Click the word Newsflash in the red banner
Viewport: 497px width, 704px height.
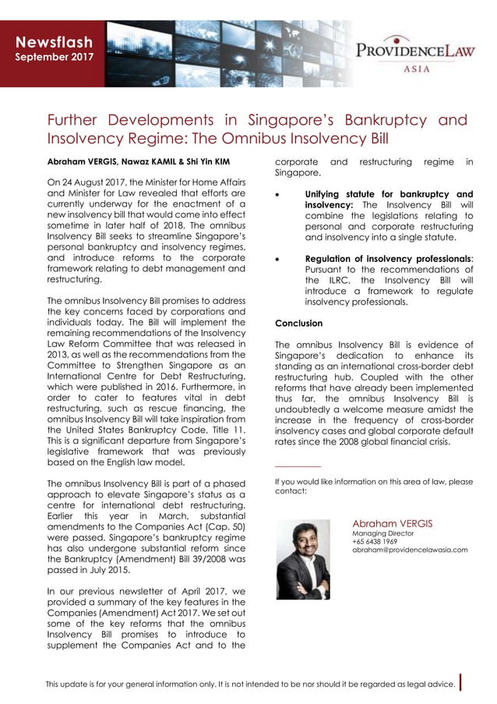55,42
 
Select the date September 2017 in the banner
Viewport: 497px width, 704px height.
55,57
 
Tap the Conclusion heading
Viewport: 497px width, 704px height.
298,323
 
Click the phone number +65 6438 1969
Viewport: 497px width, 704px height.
375,541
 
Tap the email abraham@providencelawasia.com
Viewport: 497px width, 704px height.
410,550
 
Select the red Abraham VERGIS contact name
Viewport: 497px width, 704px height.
393,522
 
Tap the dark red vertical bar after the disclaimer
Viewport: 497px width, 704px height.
462,683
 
